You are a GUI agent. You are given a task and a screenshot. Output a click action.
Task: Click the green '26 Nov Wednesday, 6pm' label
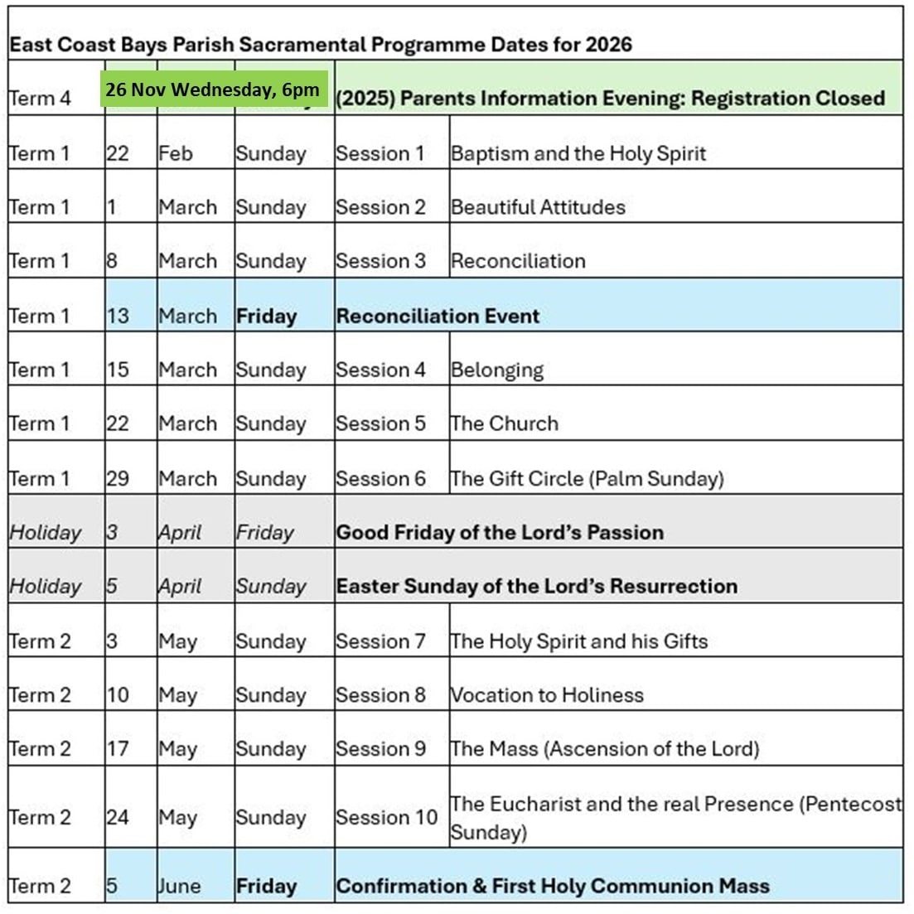[212, 90]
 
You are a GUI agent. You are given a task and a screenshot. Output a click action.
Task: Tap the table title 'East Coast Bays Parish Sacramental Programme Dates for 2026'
[320, 45]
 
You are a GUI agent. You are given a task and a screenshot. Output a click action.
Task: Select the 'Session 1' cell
[380, 153]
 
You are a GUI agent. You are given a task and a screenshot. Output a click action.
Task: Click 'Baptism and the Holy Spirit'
[578, 153]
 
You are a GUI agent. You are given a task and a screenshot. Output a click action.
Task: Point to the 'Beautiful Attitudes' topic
[538, 207]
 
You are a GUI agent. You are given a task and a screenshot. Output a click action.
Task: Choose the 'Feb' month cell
[175, 153]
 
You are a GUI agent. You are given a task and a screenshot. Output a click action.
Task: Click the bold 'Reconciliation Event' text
[438, 316]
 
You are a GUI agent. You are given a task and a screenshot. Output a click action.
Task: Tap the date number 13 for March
[118, 316]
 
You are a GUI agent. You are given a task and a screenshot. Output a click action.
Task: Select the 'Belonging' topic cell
[497, 370]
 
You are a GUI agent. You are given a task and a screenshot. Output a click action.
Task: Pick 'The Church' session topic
[504, 423]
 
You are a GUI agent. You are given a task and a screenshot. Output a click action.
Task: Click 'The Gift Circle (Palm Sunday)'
[587, 478]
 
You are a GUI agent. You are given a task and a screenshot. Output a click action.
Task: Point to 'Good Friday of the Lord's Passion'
[500, 532]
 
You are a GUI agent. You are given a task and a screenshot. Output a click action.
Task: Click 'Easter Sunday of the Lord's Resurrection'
[536, 586]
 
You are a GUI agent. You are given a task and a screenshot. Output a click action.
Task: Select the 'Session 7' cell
[380, 641]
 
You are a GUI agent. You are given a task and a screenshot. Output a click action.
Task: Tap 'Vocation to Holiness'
[547, 694]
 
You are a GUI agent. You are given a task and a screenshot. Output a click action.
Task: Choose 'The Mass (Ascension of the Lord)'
[604, 748]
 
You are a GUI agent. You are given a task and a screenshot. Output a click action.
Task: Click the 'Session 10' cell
[386, 817]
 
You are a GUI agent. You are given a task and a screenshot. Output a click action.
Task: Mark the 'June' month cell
[179, 886]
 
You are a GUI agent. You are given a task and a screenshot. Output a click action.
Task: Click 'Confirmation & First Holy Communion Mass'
[552, 886]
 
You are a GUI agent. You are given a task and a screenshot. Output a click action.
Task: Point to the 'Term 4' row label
[40, 99]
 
